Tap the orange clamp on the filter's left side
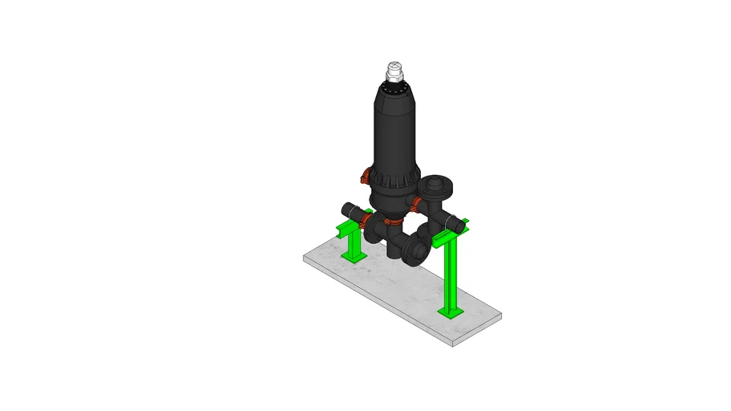(x=365, y=175)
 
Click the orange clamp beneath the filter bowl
(x=392, y=221)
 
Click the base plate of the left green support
(x=353, y=258)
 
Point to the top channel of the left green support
(x=350, y=228)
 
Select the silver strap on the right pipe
(x=454, y=222)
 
